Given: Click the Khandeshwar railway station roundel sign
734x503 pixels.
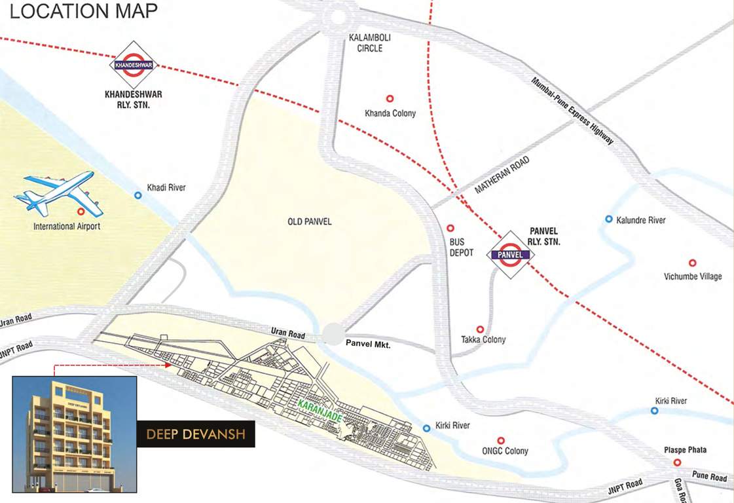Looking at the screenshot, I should tap(134, 65).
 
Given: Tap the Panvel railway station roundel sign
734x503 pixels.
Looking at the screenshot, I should tap(509, 254).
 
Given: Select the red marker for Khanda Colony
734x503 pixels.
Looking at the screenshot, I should tap(390, 98).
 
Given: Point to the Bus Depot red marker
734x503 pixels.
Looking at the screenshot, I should tap(450, 229).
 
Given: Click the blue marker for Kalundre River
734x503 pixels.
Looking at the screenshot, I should tap(609, 219).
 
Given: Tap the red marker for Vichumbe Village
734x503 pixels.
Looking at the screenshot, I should tap(692, 263).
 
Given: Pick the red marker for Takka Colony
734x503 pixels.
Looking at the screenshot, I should tap(480, 329).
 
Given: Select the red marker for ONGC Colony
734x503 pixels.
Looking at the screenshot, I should tap(501, 441).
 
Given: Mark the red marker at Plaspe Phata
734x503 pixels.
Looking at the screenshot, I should tap(677, 462).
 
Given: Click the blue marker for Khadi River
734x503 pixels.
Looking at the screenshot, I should tap(138, 195).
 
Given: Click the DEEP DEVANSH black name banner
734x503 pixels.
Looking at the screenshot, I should tap(195, 434).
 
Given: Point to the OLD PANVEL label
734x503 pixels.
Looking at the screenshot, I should tap(310, 222).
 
